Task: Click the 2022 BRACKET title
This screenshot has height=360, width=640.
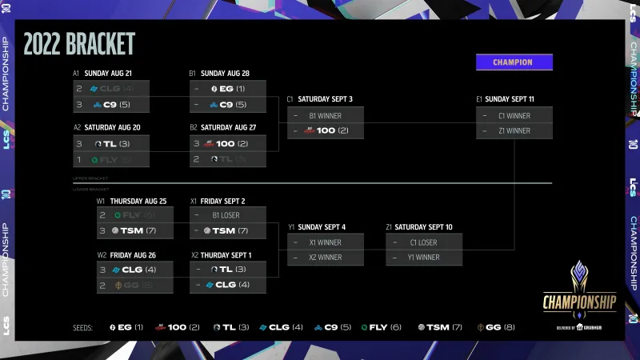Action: click(x=79, y=44)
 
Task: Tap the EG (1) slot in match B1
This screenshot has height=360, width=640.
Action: click(x=228, y=88)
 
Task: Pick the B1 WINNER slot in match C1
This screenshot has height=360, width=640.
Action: click(x=325, y=115)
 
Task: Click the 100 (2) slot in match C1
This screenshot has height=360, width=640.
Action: click(x=325, y=130)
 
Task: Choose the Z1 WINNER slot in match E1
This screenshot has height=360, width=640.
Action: click(x=514, y=130)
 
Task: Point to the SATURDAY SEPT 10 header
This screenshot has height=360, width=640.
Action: click(x=424, y=227)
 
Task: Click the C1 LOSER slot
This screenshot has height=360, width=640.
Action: click(x=423, y=242)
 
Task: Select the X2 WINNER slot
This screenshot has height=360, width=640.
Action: click(x=325, y=258)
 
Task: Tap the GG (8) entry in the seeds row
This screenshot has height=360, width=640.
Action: click(x=495, y=327)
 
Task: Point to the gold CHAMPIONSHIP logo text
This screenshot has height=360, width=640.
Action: click(x=580, y=302)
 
